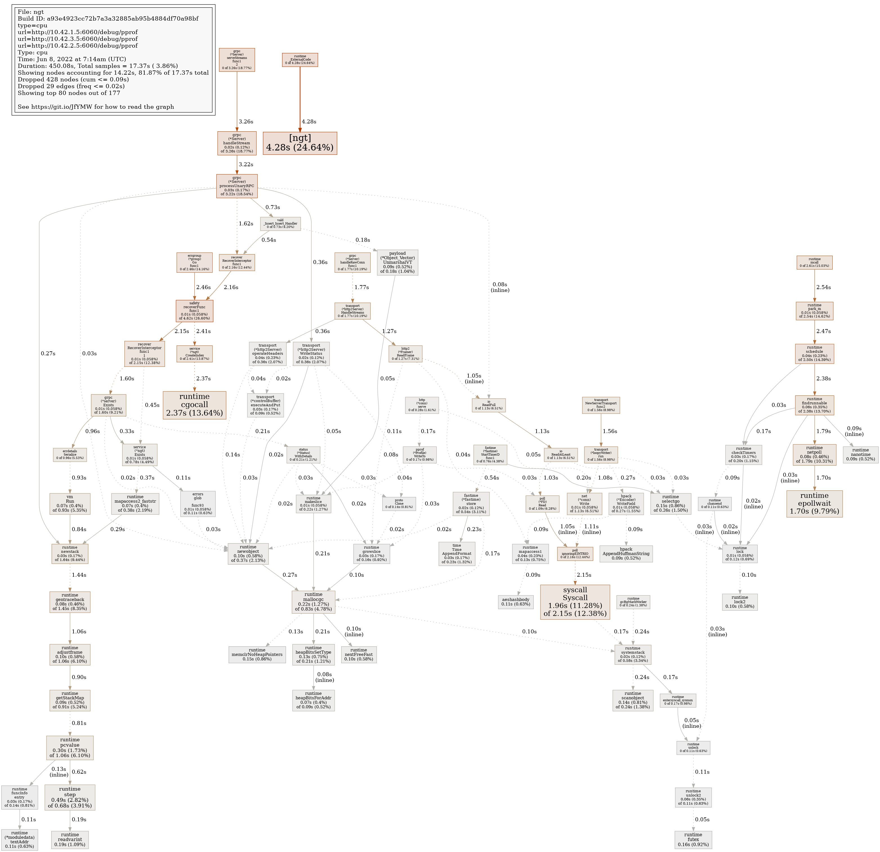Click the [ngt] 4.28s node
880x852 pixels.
click(x=300, y=143)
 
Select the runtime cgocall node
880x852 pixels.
click(x=195, y=405)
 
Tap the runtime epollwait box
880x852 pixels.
click(x=814, y=504)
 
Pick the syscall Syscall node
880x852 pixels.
click(x=575, y=602)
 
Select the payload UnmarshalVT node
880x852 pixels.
click(x=397, y=262)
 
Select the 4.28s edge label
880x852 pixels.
click(x=309, y=122)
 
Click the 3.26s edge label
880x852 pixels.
click(x=245, y=122)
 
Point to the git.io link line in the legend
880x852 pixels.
click(x=96, y=106)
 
